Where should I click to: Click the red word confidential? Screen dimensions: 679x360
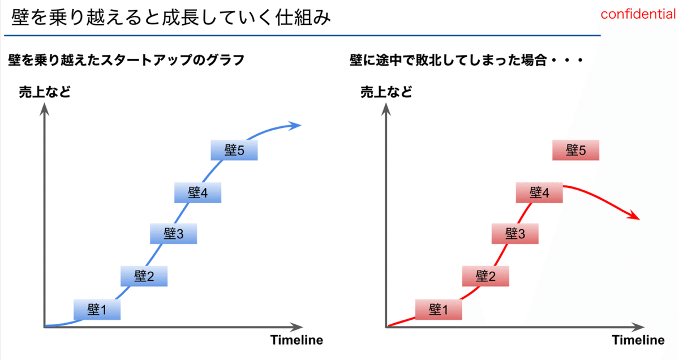pos(638,14)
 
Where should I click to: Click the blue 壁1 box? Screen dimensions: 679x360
pos(97,310)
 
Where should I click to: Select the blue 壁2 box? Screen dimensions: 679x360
pos(144,276)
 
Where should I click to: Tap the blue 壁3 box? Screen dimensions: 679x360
pos(173,234)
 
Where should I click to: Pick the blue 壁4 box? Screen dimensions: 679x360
pos(197,192)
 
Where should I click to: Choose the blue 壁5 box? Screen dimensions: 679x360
pos(234,150)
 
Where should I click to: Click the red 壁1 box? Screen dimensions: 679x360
pos(439,310)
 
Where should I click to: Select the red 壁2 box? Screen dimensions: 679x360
pos(485,276)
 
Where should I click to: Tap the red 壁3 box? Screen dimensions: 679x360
pos(515,234)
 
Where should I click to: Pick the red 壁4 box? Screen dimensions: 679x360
pos(539,192)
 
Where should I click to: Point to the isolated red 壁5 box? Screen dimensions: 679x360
pos(575,150)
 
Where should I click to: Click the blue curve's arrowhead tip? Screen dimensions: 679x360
pos(301,125)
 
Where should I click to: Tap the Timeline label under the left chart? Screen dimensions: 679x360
pos(296,340)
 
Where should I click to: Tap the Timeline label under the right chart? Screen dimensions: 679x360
pos(638,340)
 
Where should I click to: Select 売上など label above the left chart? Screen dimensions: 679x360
pos(45,92)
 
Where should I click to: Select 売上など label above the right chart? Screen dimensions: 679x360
pos(386,92)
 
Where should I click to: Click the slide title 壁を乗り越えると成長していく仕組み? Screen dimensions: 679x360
pos(171,17)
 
